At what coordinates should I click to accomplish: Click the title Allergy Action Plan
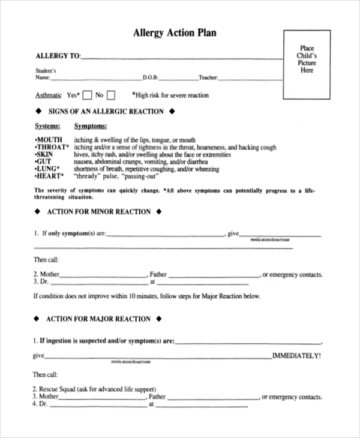point(174,34)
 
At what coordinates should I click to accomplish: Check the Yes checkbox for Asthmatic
point(87,95)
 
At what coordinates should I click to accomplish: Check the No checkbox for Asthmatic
point(110,95)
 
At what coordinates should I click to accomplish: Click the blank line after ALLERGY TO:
point(180,58)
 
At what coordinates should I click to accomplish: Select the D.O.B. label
point(150,77)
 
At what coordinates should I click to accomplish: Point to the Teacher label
point(208,77)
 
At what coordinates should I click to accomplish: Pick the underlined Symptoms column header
point(90,127)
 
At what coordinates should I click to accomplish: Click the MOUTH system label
point(49,140)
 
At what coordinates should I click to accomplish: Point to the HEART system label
point(50,176)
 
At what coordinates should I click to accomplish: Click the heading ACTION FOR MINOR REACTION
point(98,212)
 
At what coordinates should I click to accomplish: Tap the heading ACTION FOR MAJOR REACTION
point(98,319)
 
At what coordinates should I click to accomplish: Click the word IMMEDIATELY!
point(296,356)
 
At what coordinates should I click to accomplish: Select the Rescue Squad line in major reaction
point(94,389)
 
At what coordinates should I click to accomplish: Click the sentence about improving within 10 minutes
point(147,296)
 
